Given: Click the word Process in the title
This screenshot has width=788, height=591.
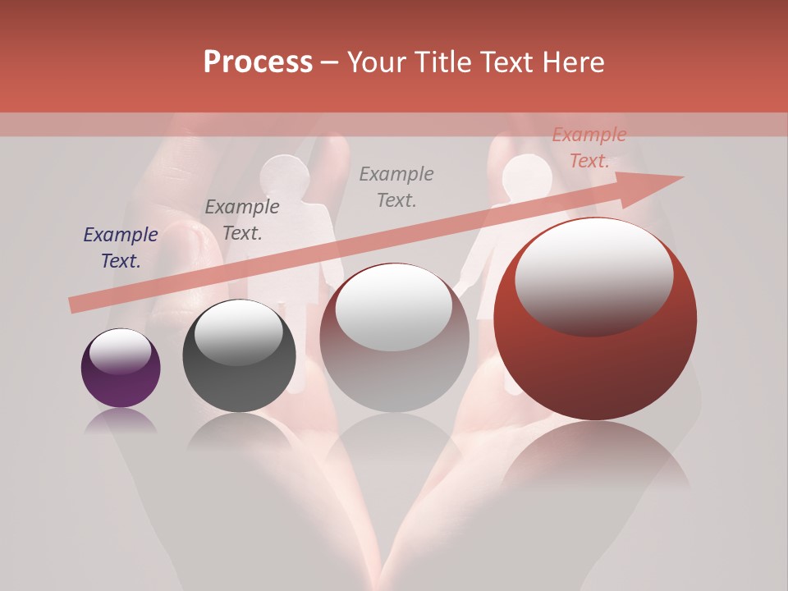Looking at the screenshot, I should point(258,62).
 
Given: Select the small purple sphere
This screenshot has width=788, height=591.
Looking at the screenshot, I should point(121,369).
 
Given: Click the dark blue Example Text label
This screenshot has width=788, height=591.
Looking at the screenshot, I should point(121,248).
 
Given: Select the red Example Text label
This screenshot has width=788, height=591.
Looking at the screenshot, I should point(589,148).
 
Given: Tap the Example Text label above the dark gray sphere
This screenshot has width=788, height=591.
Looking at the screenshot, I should point(242,219).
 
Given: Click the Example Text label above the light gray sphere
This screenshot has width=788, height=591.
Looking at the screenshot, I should point(396,186).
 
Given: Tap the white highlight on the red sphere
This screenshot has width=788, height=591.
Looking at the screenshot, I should point(593,275).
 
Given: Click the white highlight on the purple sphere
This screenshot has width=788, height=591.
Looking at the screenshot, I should point(121,352).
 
